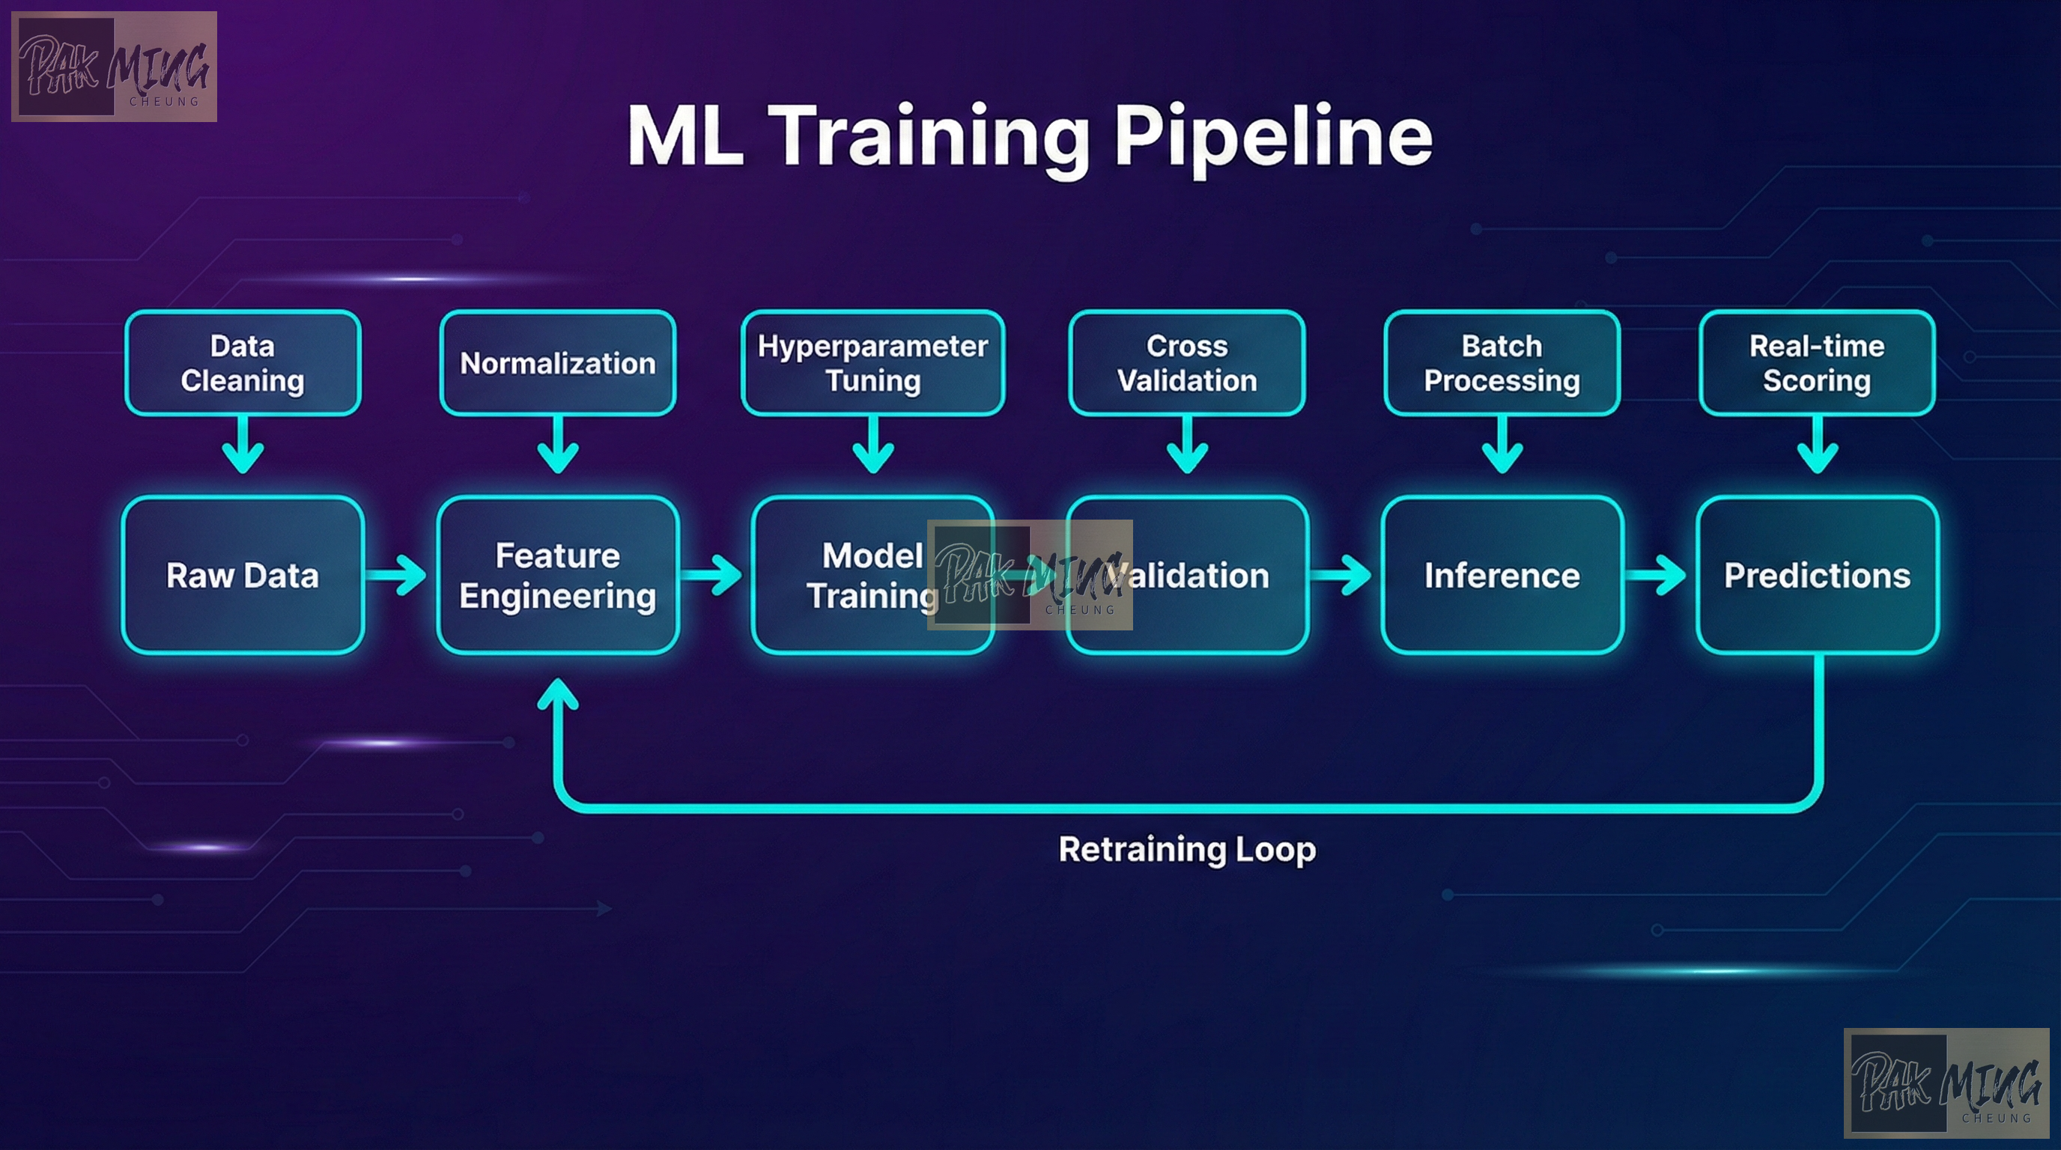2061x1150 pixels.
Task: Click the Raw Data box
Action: (243, 575)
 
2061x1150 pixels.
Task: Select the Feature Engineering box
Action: (558, 575)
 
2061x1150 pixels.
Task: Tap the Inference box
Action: (1502, 575)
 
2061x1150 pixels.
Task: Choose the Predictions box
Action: (1817, 575)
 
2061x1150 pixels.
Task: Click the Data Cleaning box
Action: (243, 363)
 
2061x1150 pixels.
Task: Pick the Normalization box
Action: (558, 363)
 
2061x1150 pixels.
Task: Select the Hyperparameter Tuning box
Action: (873, 363)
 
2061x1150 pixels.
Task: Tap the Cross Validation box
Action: (1187, 363)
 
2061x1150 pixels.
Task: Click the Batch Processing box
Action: (1502, 363)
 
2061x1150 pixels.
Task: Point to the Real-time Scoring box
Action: (1817, 363)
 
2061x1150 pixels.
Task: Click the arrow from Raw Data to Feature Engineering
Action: (398, 575)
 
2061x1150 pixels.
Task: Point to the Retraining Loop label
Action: (1187, 849)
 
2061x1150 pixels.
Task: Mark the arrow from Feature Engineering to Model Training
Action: (713, 575)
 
